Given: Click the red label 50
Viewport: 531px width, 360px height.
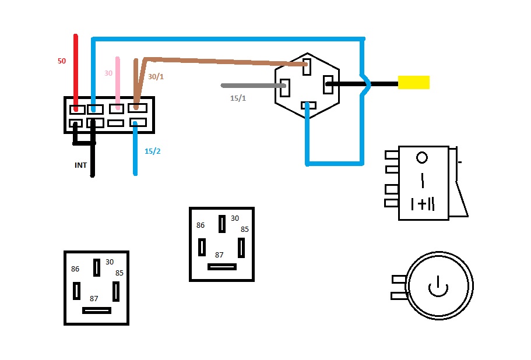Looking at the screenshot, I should pos(62,61).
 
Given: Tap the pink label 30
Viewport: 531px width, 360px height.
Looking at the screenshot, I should pos(108,73).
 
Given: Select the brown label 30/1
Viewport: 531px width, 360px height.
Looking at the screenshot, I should pos(156,76).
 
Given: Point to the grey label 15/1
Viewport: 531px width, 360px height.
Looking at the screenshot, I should pos(238,98).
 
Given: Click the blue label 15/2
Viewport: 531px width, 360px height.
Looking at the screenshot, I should pos(152,151).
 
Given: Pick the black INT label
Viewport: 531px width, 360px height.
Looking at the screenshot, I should pos(80,165).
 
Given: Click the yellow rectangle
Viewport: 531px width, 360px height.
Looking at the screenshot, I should pos(414,83).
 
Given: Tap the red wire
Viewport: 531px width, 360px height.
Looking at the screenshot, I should pos(75,70).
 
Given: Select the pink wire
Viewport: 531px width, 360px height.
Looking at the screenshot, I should pos(118,82).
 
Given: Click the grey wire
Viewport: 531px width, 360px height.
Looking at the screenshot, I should pos(251,86).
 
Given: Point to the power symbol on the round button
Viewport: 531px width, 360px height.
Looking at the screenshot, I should pos(437,286).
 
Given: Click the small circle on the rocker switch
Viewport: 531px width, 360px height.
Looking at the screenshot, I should pos(423,157).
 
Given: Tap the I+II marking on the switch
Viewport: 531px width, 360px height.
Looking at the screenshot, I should pos(423,204).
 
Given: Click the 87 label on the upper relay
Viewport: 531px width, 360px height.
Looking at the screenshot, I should pos(219,255).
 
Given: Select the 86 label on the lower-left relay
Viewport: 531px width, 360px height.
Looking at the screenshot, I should pos(75,269).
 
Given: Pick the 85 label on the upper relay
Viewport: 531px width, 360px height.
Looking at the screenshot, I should pos(244,229).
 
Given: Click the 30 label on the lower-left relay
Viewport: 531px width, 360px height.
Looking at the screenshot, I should pos(110,262).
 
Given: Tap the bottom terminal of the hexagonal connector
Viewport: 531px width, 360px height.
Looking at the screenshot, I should pos(307,105).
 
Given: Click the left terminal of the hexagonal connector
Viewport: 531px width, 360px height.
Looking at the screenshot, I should pos(285,87).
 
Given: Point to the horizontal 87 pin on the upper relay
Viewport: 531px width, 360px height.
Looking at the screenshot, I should pos(222,267).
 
